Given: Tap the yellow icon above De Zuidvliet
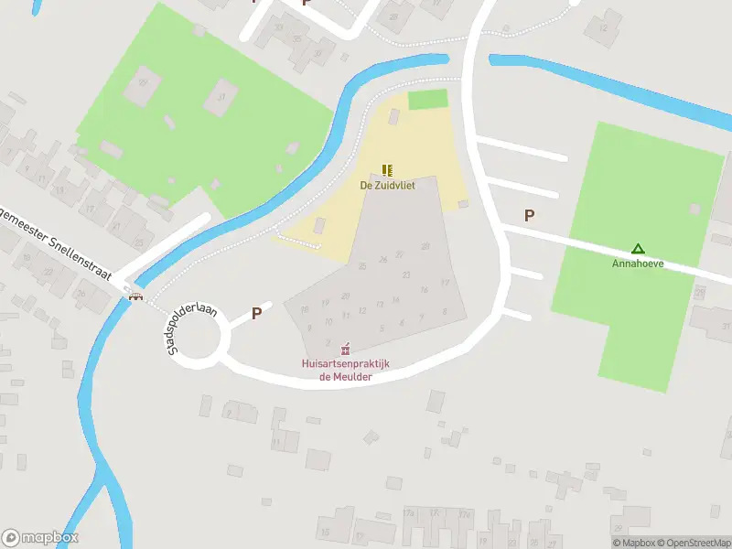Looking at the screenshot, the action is [x=387, y=169].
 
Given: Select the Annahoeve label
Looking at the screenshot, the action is [x=638, y=264].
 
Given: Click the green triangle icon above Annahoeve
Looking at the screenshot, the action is [x=638, y=248].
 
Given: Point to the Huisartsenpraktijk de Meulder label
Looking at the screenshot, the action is [x=346, y=370].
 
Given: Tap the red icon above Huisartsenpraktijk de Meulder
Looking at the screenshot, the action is [x=345, y=349].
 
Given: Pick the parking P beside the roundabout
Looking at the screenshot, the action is [x=257, y=313].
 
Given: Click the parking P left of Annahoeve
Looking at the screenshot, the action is [x=529, y=215].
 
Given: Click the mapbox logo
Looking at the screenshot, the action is [x=40, y=538].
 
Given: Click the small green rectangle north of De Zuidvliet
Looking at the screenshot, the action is [x=427, y=99].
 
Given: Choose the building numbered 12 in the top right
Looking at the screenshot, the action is [x=602, y=28].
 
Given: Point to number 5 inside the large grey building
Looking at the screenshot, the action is [x=381, y=326].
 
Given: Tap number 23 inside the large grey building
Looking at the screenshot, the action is [x=405, y=274].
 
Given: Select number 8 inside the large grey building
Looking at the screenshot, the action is [x=444, y=311].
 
